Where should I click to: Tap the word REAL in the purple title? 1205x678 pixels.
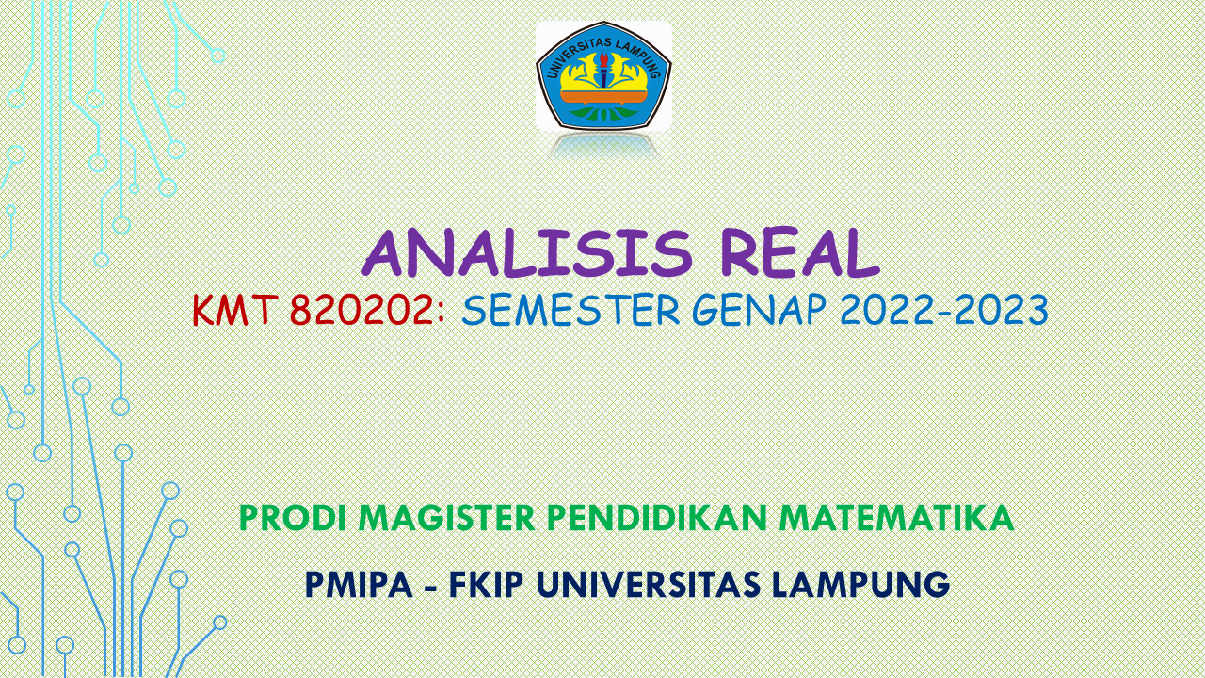pos(799,253)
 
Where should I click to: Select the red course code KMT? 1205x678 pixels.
pos(233,310)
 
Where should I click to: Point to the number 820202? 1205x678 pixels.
pos(362,310)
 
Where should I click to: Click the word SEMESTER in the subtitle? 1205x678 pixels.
pos(570,310)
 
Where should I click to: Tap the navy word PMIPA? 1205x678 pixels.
pos(359,585)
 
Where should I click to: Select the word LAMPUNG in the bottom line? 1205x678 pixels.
pos(860,585)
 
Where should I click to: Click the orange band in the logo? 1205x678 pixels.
pos(603,96)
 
